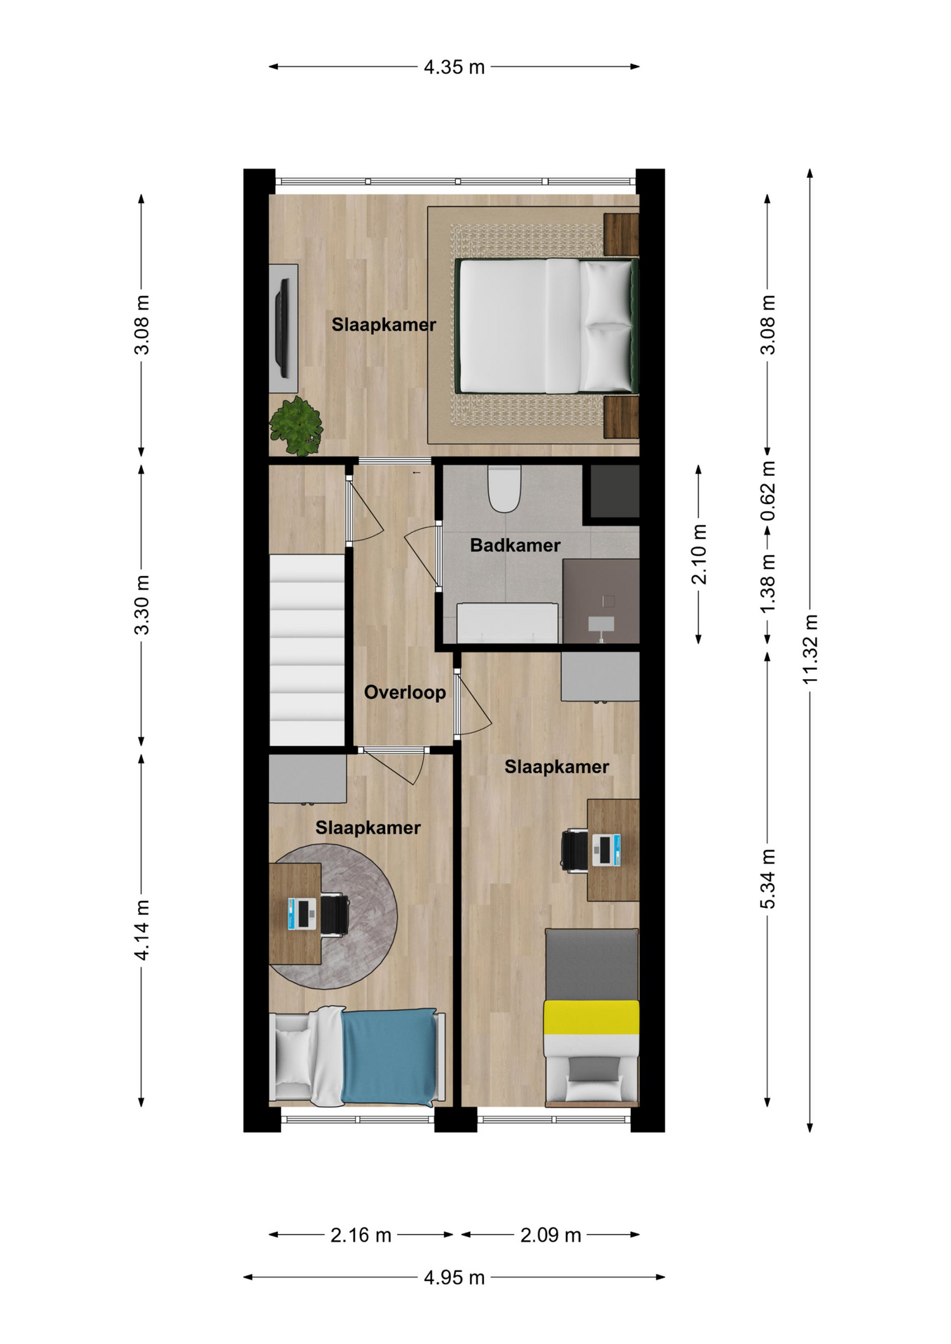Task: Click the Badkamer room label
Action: [x=515, y=545]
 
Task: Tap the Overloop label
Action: [x=405, y=692]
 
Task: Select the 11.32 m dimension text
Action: [x=810, y=650]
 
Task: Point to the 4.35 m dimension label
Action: [x=454, y=67]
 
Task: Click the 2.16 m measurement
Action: [x=361, y=1235]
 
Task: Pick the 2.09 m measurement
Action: [x=550, y=1235]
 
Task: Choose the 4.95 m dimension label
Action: [x=454, y=1277]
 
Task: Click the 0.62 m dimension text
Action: [x=768, y=491]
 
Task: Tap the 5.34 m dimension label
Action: [x=768, y=879]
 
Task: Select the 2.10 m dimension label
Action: [x=699, y=554]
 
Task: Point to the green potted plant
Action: [x=297, y=426]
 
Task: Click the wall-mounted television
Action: [x=283, y=328]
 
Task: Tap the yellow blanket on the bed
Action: [x=592, y=1017]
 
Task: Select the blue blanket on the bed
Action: [x=389, y=1057]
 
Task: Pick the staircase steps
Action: [x=307, y=650]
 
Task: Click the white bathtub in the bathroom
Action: [x=508, y=623]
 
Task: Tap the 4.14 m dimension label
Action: [x=142, y=930]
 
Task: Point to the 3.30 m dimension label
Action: [x=142, y=605]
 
